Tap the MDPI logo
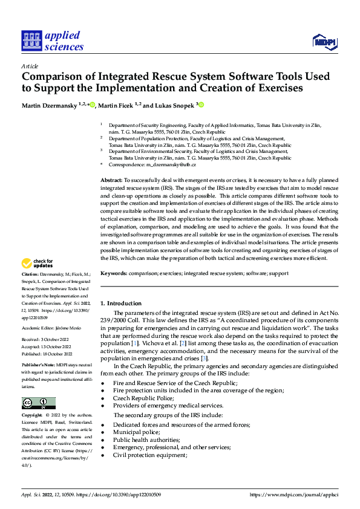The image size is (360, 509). click(324, 40)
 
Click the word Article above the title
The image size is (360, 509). click(30, 66)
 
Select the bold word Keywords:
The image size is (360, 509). click(113, 273)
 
